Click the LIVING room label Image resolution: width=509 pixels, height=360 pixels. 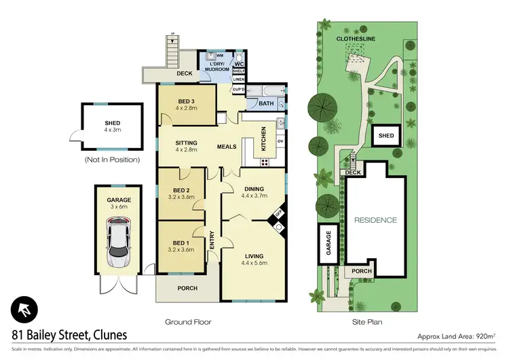254,256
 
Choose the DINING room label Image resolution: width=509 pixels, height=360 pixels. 254,191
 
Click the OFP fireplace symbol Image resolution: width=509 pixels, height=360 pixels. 277,215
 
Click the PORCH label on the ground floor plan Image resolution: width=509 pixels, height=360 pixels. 187,288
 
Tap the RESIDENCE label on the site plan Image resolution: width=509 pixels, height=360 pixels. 375,221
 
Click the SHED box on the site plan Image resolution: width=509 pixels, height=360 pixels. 385,136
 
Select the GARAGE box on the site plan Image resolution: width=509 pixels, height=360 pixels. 328,242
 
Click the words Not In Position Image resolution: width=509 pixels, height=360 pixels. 112,160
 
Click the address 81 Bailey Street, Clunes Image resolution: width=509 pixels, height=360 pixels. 69,335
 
